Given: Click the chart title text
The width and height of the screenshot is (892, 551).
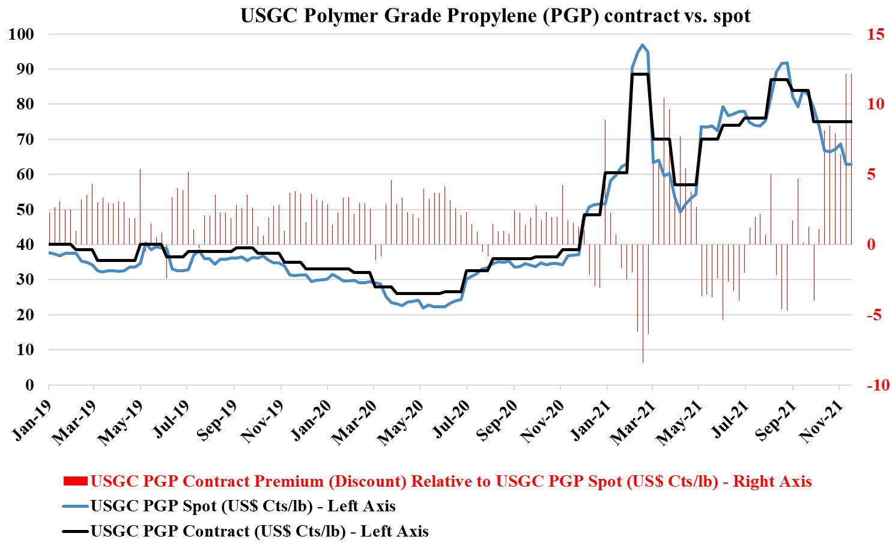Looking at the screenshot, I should pos(496,15).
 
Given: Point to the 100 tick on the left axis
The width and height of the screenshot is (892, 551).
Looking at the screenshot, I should pos(22,34).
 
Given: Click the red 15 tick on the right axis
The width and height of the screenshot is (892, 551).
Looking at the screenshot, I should pos(876,34).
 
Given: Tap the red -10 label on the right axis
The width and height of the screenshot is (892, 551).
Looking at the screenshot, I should pos(878,385).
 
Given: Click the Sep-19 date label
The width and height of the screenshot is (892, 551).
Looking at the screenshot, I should pos(217,423).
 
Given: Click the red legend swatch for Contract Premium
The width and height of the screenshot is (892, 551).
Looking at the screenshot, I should pos(75,481).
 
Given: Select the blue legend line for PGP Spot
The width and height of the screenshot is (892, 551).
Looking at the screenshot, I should pos(75,506).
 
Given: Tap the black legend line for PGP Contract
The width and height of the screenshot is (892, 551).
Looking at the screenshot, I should pos(75,531).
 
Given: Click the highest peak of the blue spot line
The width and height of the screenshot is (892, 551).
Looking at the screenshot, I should pos(642,44).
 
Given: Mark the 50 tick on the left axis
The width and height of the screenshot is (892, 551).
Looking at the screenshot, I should pos(25,210).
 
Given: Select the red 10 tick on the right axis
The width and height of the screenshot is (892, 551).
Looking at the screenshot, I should pos(876,104).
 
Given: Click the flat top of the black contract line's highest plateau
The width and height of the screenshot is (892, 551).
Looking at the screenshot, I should pos(640,74).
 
